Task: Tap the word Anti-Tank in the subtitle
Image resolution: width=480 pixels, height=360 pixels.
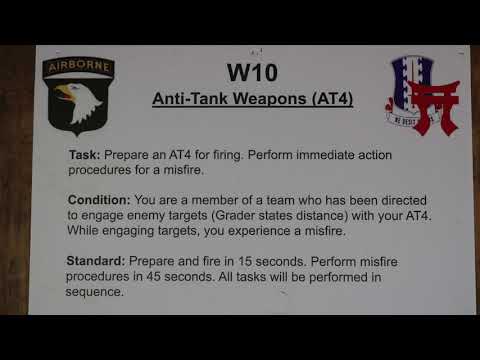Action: click(x=186, y=102)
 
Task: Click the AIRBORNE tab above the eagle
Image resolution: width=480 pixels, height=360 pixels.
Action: click(x=78, y=68)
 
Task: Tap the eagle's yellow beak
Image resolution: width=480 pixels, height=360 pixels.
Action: click(x=65, y=95)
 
